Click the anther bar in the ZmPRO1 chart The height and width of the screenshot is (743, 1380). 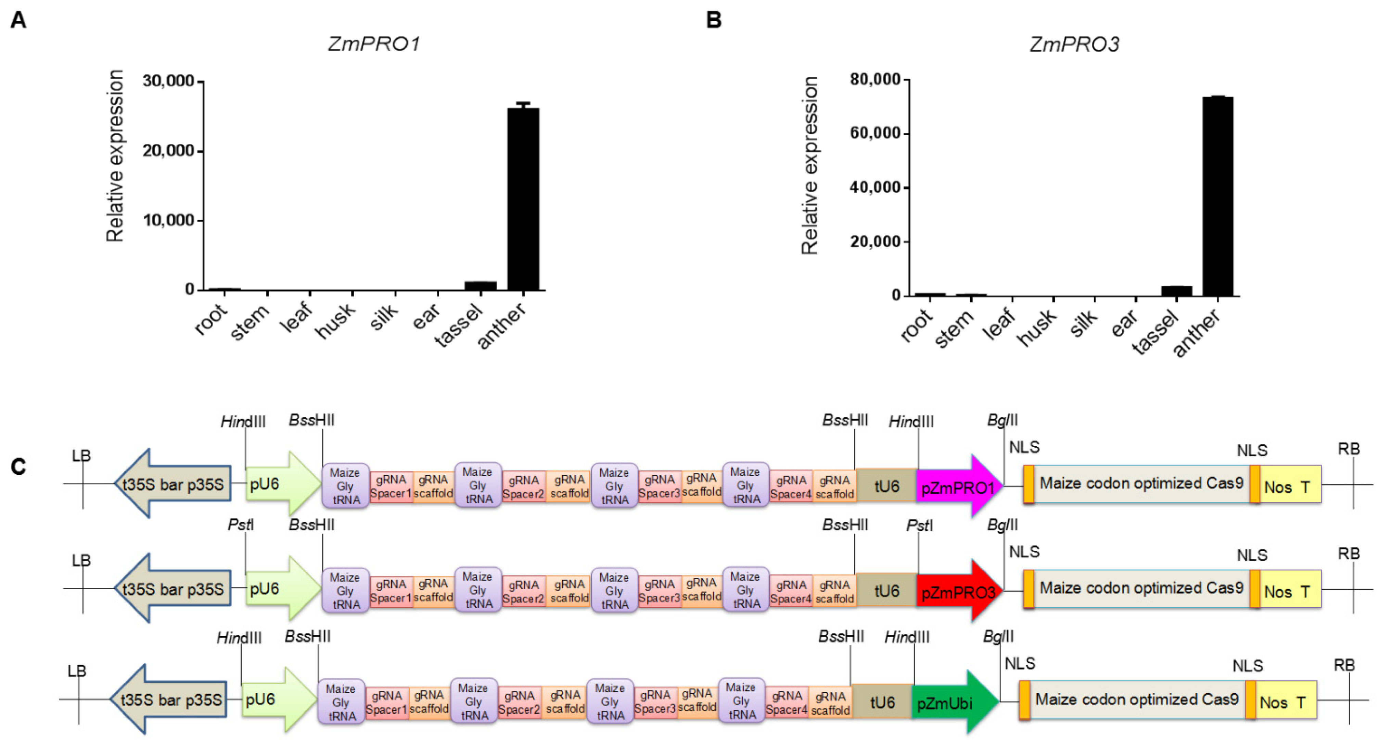tap(523, 198)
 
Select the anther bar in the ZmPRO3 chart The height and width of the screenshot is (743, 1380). tap(1218, 196)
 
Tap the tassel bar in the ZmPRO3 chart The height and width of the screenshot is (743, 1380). tap(1176, 290)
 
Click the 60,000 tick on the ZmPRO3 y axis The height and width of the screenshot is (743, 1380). tap(875, 133)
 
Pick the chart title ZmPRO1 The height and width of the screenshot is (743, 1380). tap(374, 44)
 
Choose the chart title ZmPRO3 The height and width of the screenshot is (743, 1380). tap(1074, 44)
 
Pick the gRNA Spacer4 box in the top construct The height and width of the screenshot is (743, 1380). tap(791, 487)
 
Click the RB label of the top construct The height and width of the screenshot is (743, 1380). tap(1349, 449)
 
